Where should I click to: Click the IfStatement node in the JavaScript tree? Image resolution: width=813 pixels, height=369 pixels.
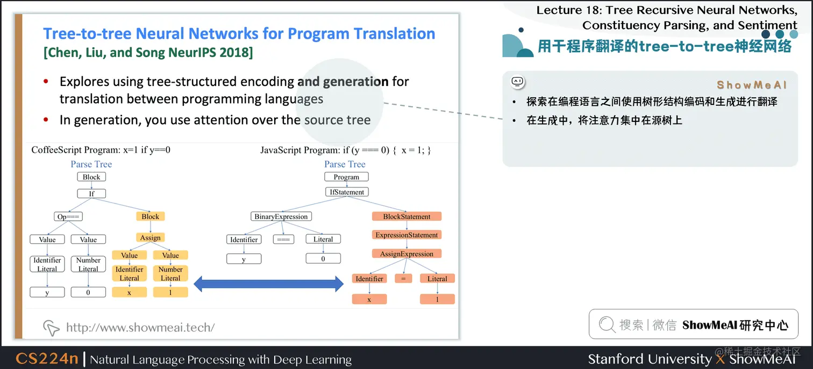point(346,192)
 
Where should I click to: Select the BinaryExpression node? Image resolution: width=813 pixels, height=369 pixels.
point(281,216)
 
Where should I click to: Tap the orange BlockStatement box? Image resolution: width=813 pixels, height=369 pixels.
point(406,216)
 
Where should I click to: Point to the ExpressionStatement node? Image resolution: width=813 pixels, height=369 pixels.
point(406,235)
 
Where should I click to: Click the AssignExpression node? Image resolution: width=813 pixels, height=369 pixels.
point(406,254)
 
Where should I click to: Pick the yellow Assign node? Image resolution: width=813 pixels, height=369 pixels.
point(150,237)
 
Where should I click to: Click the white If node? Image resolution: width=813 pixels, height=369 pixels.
point(91,193)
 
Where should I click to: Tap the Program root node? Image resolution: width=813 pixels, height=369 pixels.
point(346,177)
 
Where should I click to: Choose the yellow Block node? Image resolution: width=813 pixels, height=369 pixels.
point(150,216)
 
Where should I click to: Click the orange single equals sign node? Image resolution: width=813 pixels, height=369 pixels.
point(403,279)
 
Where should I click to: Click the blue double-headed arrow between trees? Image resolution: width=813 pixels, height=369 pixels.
point(268,284)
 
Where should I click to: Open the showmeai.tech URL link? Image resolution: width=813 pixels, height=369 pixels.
point(140,327)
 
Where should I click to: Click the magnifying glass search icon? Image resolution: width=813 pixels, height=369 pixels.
point(607,324)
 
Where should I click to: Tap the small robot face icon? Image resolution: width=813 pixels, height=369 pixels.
point(517,82)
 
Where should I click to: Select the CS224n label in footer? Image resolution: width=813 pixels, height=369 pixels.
point(47,359)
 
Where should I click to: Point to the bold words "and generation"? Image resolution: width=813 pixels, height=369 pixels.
point(343,82)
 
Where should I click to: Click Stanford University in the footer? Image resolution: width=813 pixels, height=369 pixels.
point(649,359)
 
